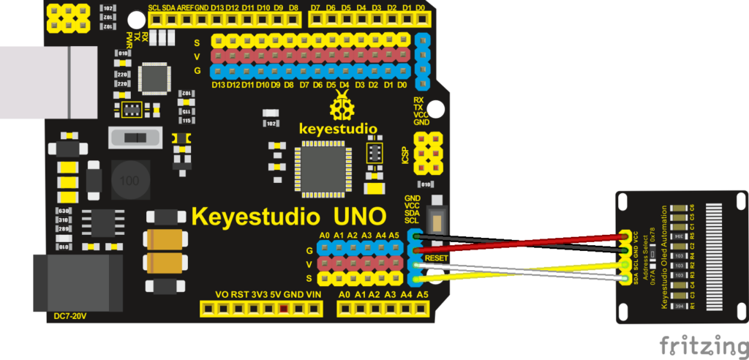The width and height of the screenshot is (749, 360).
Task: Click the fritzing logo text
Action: pyautogui.click(x=703, y=344)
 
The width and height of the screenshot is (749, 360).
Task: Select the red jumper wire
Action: pyautogui.click(x=512, y=246)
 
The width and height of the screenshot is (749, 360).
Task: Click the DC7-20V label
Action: pyautogui.click(x=70, y=317)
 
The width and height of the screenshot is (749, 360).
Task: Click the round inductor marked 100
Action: pyautogui.click(x=129, y=180)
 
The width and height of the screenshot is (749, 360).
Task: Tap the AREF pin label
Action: pyautogui.click(x=184, y=8)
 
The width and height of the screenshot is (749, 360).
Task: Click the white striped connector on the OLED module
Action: pyautogui.click(x=723, y=256)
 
